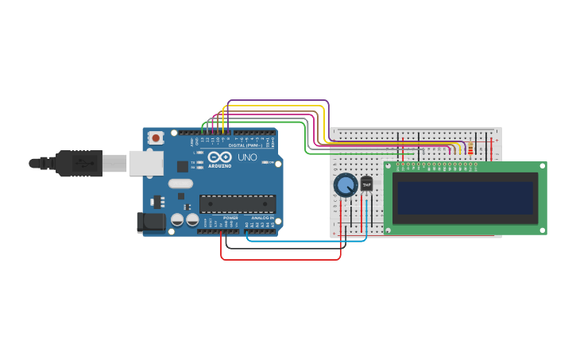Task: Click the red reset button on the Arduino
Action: pyautogui.click(x=156, y=137)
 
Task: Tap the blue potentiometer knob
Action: pyautogui.click(x=346, y=185)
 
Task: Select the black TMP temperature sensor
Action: pyautogui.click(x=366, y=184)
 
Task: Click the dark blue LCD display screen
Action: pyautogui.click(x=466, y=198)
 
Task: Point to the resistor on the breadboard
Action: pyautogui.click(x=470, y=148)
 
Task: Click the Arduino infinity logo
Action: pyautogui.click(x=219, y=157)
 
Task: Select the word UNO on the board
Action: pyautogui.click(x=247, y=157)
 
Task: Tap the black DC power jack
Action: pyautogui.click(x=151, y=223)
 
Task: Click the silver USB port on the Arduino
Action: pyautogui.click(x=146, y=163)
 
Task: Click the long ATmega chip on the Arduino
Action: pyautogui.click(x=238, y=204)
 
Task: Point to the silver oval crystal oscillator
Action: pyautogui.click(x=180, y=184)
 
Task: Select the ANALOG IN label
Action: pyautogui.click(x=262, y=218)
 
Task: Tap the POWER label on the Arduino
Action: pyautogui.click(x=230, y=218)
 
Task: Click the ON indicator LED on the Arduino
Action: pyautogui.click(x=273, y=162)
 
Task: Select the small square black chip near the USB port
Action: pyautogui.click(x=183, y=166)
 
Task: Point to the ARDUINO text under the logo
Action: pyautogui.click(x=219, y=165)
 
